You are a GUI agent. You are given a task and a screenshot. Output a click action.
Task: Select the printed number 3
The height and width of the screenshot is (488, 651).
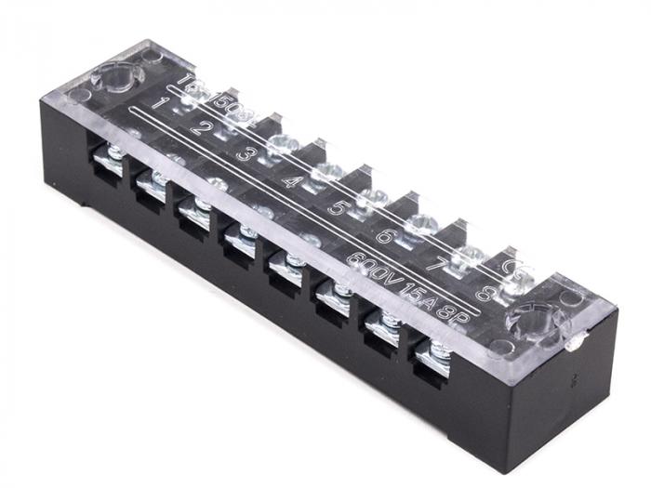click(244, 152)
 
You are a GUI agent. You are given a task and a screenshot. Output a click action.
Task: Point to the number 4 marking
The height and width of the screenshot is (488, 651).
click(290, 178)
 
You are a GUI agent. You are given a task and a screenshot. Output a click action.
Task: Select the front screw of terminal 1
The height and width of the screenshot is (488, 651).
click(114, 154)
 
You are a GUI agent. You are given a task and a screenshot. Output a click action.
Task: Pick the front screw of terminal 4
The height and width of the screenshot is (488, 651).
click(247, 231)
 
